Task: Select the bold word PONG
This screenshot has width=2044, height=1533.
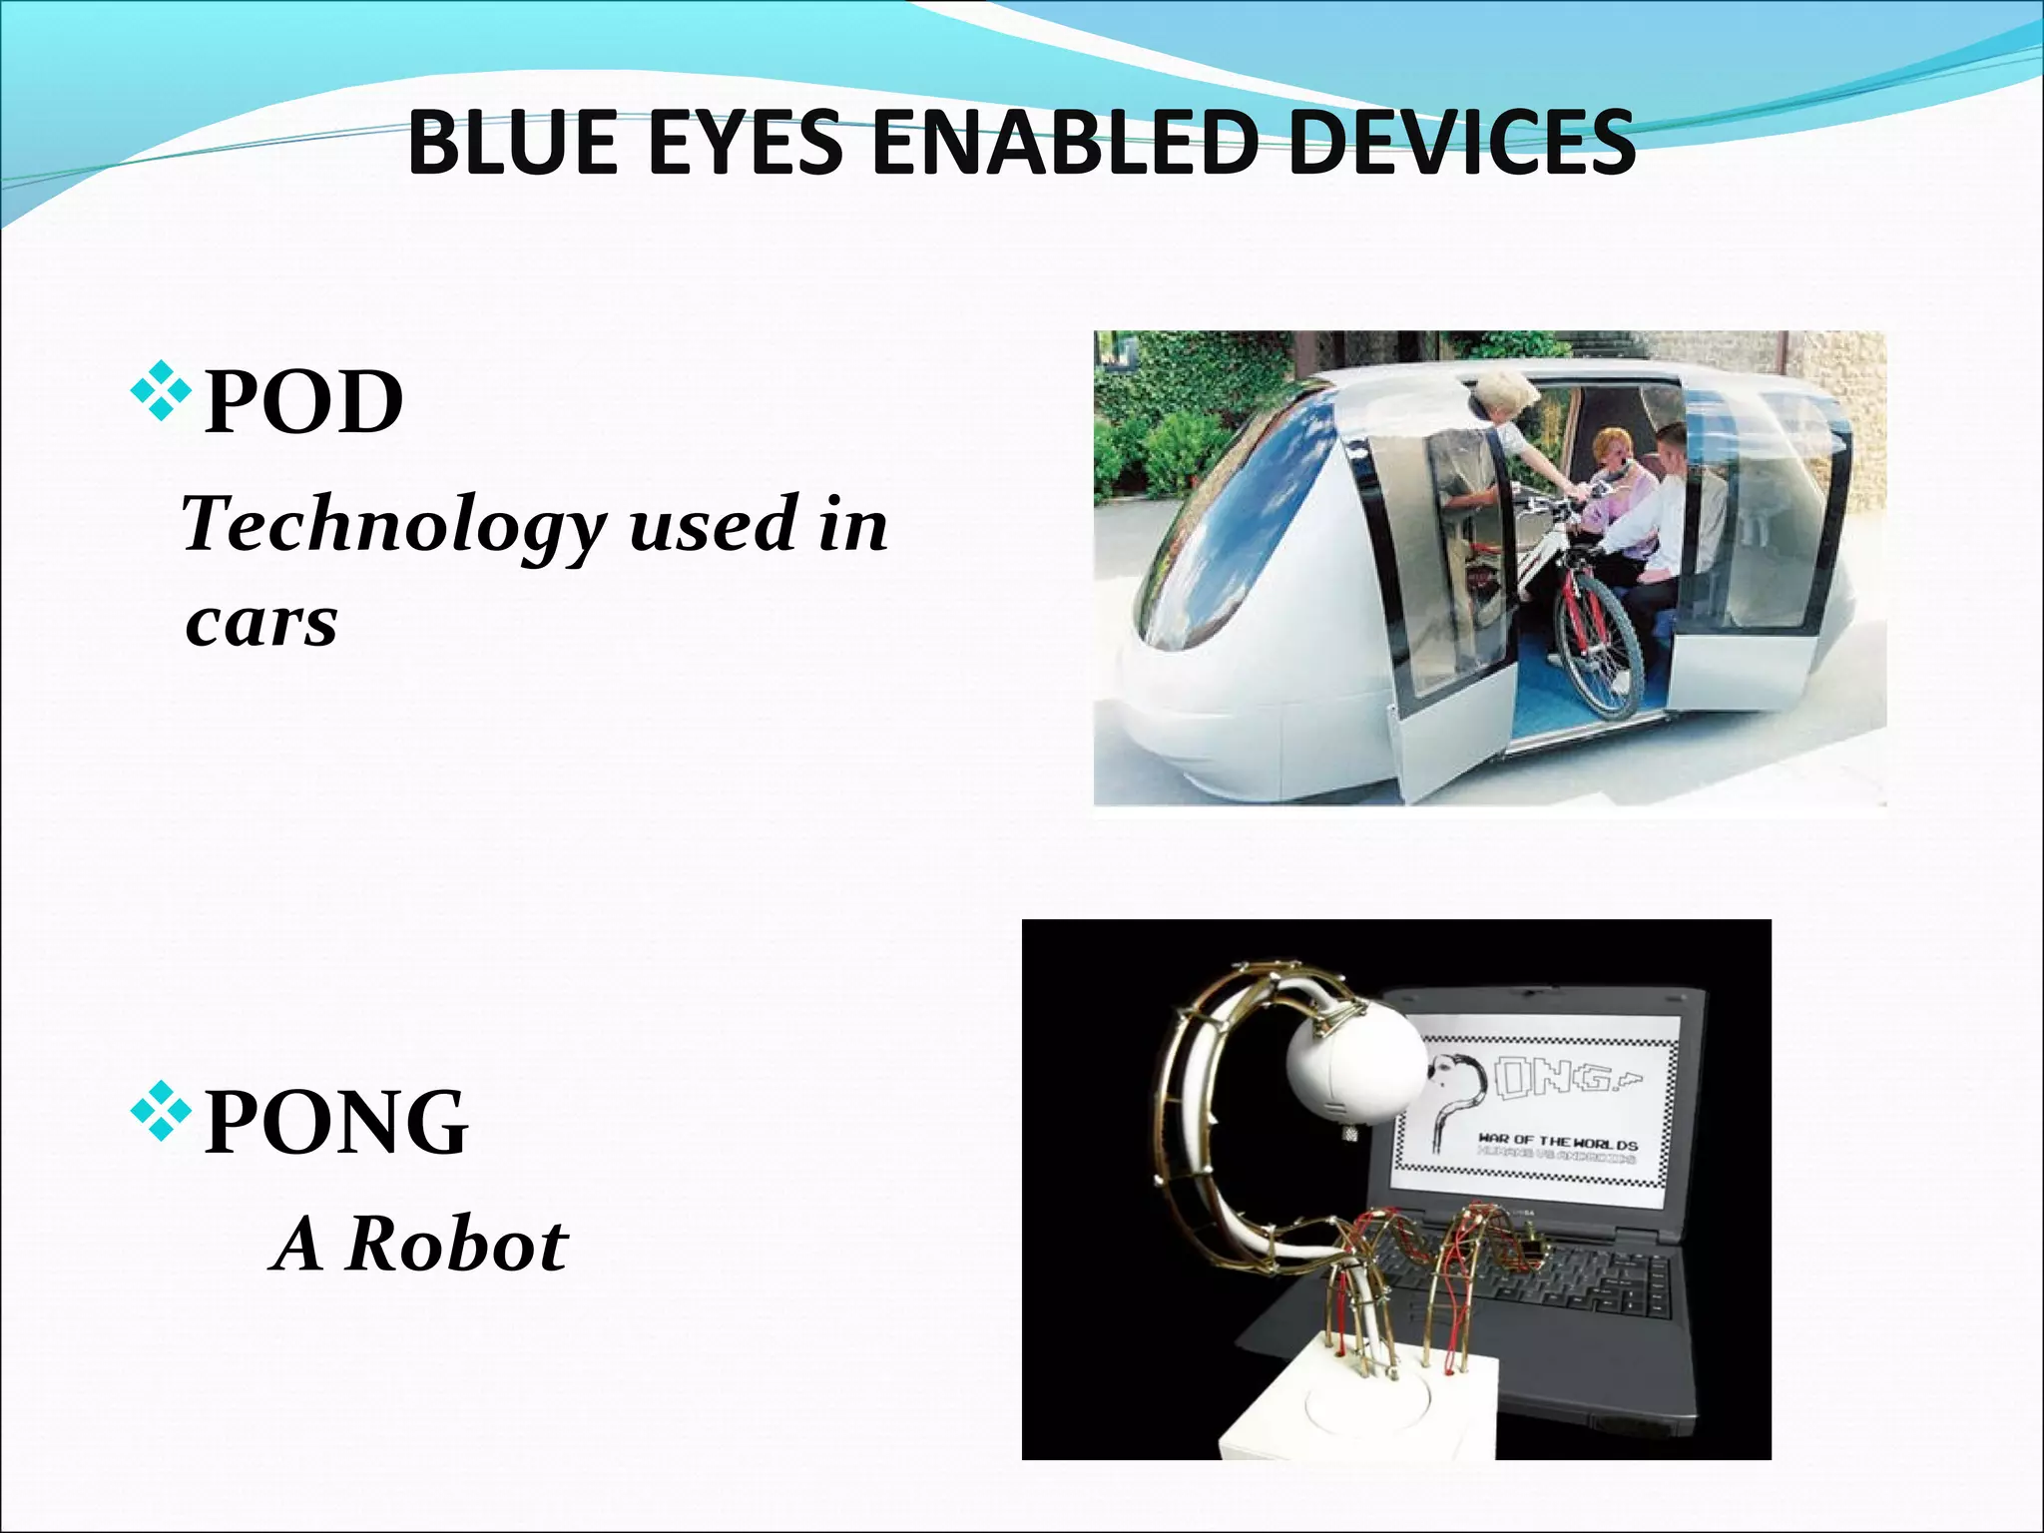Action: (336, 1123)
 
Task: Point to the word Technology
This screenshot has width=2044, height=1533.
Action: (394, 526)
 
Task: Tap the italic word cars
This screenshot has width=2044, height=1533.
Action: (261, 624)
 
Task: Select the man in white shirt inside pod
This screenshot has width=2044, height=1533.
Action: (1677, 499)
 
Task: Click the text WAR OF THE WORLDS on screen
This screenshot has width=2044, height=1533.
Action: (1557, 1143)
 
